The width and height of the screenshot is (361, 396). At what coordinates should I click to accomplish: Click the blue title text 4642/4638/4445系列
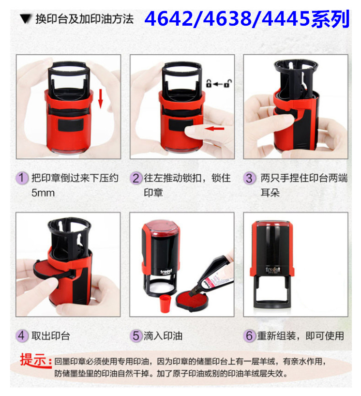(247, 20)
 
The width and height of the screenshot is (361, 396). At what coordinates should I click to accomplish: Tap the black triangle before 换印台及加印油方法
(25, 20)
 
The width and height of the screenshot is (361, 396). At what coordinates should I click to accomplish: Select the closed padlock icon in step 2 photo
(209, 84)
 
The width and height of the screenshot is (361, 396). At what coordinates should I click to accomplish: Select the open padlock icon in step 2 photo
(227, 84)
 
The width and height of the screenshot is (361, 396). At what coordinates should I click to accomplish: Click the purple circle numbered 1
(22, 178)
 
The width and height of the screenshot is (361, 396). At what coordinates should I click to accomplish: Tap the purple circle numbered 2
(136, 178)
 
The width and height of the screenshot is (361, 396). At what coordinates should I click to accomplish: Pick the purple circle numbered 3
(249, 178)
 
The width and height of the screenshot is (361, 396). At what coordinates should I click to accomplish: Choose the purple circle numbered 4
(22, 335)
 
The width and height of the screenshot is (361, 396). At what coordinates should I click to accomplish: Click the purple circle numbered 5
(136, 335)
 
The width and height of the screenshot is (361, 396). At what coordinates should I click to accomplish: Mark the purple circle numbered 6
(249, 335)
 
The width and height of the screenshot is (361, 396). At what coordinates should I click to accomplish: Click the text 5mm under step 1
(43, 193)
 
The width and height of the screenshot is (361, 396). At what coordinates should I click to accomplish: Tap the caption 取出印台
(51, 335)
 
